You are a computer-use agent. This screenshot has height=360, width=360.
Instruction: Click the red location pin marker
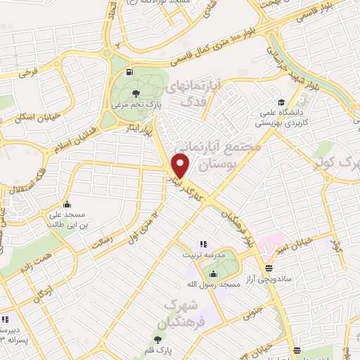pyautogui.click(x=181, y=166)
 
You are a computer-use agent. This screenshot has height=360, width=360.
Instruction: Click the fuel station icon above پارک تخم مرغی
pyautogui.click(x=129, y=72)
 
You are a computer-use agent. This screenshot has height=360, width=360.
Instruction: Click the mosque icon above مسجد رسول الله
pyautogui.click(x=212, y=274)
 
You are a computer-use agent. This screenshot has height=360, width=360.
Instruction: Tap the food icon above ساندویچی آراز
pyautogui.click(x=269, y=267)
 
